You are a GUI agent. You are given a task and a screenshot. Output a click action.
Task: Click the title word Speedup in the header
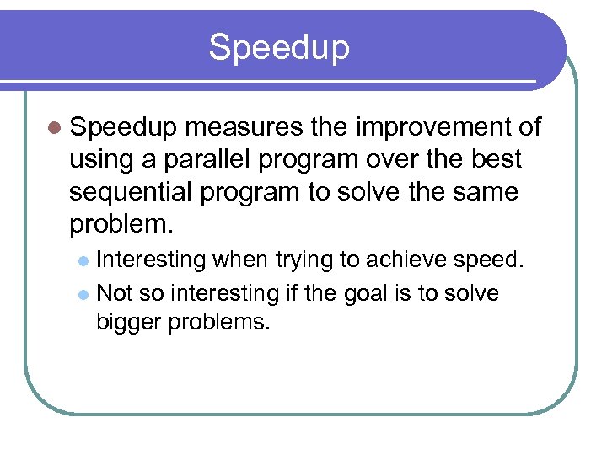[x=279, y=47]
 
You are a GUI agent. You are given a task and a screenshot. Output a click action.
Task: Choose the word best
[x=497, y=159]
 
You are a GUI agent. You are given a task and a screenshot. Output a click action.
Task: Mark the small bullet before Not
[x=82, y=294]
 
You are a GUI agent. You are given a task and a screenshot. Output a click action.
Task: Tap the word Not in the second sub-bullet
[x=115, y=293]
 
